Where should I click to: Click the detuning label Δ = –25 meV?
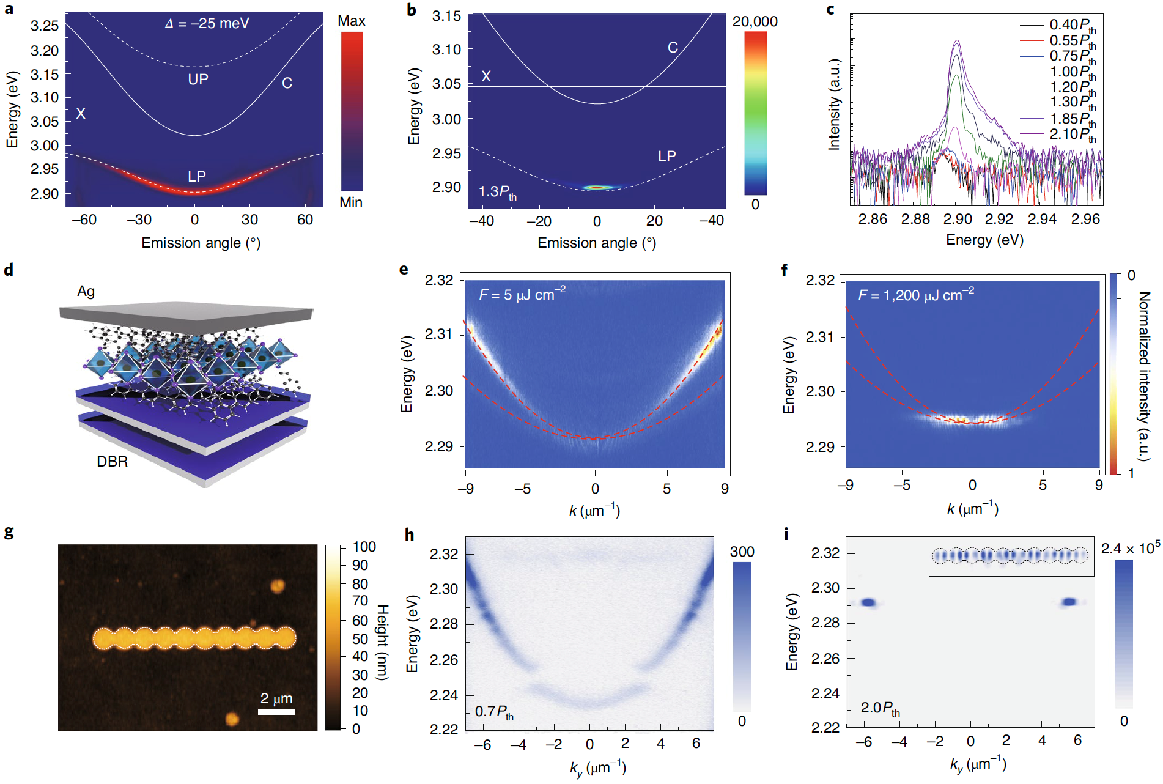(x=207, y=23)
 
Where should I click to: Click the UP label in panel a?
(x=198, y=79)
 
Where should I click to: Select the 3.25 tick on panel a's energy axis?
(x=45, y=26)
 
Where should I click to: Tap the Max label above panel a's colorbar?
(x=351, y=21)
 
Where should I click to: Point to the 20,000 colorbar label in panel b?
(x=755, y=21)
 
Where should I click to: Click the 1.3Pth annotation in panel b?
(x=497, y=192)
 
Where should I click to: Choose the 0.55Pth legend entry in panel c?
(x=1073, y=41)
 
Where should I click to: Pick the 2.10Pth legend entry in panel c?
(x=1073, y=134)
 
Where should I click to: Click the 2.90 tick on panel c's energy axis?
(x=958, y=219)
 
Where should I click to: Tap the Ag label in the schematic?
(x=86, y=291)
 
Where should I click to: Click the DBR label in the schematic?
(x=113, y=462)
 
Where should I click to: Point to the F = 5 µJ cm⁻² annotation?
(x=522, y=294)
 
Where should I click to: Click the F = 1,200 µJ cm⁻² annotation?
(x=915, y=295)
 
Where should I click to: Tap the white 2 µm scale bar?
(x=276, y=712)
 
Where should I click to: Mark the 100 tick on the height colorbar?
(x=364, y=547)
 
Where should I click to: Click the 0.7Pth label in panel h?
(x=494, y=712)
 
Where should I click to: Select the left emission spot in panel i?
(x=868, y=603)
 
